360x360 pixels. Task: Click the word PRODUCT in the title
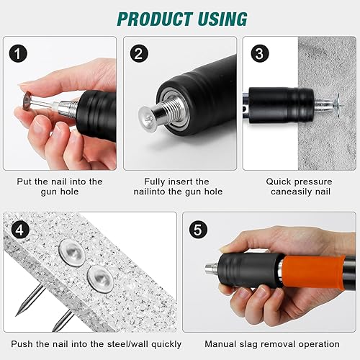[155, 19]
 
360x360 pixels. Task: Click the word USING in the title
[223, 19]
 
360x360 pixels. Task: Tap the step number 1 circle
[18, 53]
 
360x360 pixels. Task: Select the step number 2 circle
[139, 53]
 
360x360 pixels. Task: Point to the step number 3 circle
[260, 53]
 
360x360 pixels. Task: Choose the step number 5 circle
[198, 230]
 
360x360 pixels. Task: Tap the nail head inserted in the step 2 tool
[147, 118]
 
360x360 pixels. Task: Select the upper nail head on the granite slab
[72, 253]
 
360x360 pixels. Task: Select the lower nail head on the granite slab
[100, 279]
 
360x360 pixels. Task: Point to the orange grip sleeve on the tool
[313, 271]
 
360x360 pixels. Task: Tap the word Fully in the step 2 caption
[153, 181]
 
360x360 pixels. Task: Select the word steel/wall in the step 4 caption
[128, 344]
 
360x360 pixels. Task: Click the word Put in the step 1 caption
[24, 181]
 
